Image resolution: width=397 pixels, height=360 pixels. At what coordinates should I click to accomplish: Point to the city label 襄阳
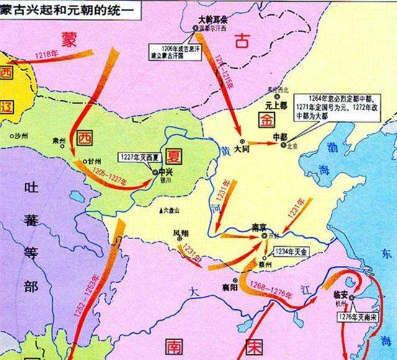(x=230, y=287)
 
